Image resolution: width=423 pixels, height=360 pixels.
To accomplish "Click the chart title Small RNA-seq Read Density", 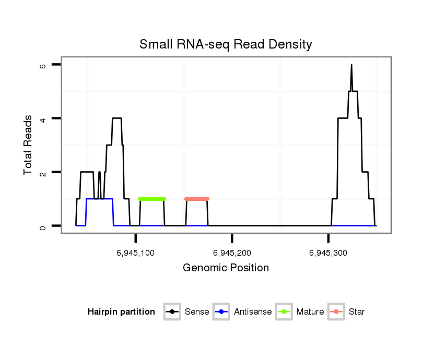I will pyautogui.click(x=226, y=44).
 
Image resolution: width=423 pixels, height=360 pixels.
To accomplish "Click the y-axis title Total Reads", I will pyautogui.click(x=28, y=145).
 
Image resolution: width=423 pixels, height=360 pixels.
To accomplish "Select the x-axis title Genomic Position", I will pyautogui.click(x=226, y=268).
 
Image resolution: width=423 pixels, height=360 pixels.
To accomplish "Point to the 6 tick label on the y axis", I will pyautogui.click(x=43, y=65).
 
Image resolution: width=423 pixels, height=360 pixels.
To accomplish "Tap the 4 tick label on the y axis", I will pyautogui.click(x=43, y=118).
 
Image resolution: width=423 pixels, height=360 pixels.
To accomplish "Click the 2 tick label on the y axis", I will pyautogui.click(x=43, y=172).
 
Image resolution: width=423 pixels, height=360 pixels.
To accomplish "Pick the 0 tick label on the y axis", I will pyautogui.click(x=43, y=226).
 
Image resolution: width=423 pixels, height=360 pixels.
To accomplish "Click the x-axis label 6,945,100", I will pyautogui.click(x=136, y=253).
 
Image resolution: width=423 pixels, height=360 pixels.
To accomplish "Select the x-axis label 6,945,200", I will pyautogui.click(x=232, y=253).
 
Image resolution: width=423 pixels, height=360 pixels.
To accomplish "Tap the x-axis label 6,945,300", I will pyautogui.click(x=328, y=253).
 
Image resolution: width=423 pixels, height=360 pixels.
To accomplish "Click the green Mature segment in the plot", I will pyautogui.click(x=152, y=199).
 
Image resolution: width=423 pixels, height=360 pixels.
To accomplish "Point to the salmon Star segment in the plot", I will pyautogui.click(x=197, y=199).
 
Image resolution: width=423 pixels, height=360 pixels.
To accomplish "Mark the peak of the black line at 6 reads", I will pyautogui.click(x=351, y=65).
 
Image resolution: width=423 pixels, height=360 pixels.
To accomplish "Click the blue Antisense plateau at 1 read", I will pyautogui.click(x=99, y=199).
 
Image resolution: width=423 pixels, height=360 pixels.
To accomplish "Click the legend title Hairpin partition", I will pyautogui.click(x=121, y=312).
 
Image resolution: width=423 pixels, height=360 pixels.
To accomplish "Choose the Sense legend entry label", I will pyautogui.click(x=196, y=312).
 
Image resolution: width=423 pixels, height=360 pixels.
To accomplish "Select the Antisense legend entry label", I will pyautogui.click(x=253, y=312).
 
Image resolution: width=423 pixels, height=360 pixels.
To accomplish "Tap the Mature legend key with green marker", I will pyautogui.click(x=284, y=312).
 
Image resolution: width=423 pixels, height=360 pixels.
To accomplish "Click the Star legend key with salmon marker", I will pyautogui.click(x=336, y=312).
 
